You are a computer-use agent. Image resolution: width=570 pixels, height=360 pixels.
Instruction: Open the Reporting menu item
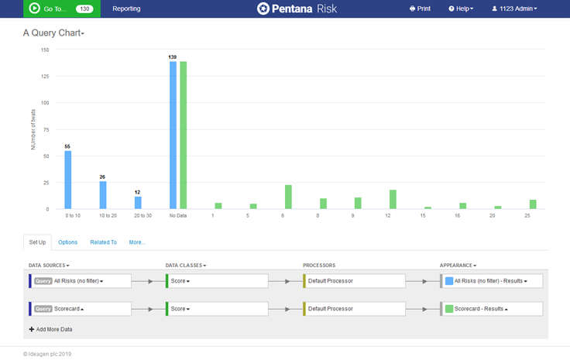coord(126,9)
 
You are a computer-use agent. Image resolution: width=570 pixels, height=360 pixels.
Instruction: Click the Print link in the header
coord(420,9)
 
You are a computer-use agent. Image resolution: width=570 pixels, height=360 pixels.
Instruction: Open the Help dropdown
coord(461,9)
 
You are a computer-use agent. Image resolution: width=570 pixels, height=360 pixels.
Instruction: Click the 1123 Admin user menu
coord(514,9)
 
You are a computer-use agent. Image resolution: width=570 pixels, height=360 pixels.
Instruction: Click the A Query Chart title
coord(53,33)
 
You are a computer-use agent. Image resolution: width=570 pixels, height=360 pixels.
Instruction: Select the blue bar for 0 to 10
coord(67,180)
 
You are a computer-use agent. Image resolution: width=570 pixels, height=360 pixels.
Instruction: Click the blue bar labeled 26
coord(103,195)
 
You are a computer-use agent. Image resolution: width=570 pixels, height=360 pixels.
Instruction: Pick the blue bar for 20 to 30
coord(138,202)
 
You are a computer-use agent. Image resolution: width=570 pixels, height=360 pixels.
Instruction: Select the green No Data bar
coord(184,135)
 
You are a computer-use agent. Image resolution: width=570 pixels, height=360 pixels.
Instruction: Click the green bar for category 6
coord(288,197)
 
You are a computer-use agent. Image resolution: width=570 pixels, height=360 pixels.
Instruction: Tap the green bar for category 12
coord(393,199)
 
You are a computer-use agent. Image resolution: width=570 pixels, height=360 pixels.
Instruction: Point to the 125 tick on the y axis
coord(44,76)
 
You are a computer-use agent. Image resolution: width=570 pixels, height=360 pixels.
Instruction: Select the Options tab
coord(68,242)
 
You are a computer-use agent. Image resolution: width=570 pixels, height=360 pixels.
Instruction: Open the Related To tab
coord(103,242)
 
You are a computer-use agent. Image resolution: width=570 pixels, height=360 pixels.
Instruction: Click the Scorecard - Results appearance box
coord(492,308)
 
